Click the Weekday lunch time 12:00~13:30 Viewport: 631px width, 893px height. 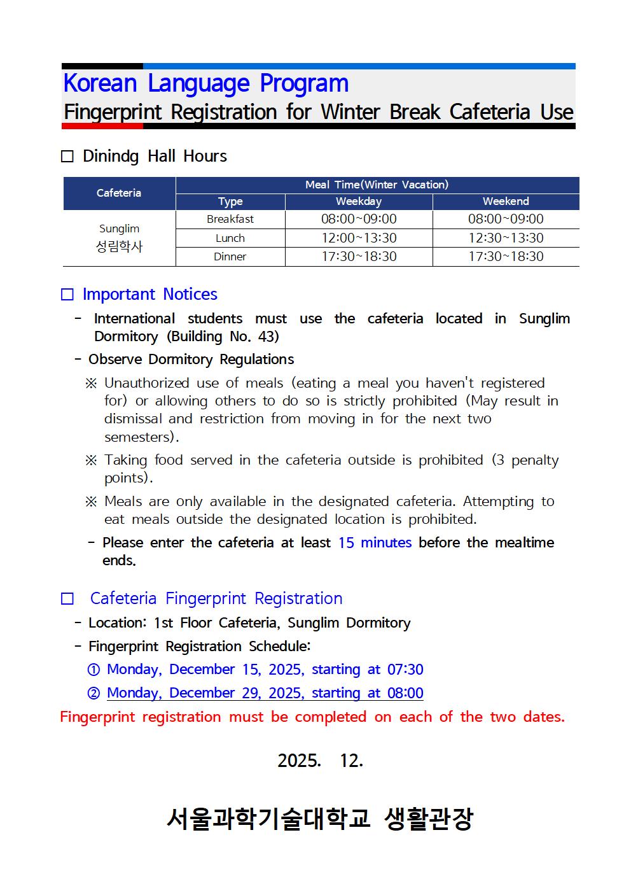point(359,238)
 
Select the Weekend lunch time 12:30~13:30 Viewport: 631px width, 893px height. point(506,238)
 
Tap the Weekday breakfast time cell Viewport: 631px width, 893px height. point(359,219)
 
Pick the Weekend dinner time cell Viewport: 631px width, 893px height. point(506,257)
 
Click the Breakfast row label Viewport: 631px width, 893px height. point(230,219)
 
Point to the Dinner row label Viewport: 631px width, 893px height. point(230,257)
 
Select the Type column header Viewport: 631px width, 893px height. point(230,202)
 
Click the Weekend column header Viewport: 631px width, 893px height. point(506,202)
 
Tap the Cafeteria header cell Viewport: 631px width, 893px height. point(119,193)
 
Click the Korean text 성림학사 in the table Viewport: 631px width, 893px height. point(119,247)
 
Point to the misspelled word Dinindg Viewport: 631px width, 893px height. point(111,157)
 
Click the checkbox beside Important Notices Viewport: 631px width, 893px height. point(67,295)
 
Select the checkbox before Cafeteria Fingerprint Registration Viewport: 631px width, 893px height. point(67,599)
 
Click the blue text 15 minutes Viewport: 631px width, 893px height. point(375,543)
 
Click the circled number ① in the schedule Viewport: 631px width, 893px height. point(94,670)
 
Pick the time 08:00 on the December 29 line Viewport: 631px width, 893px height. point(405,693)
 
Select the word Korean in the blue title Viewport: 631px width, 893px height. point(101,84)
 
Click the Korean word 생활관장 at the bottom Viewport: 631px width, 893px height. point(429,819)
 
